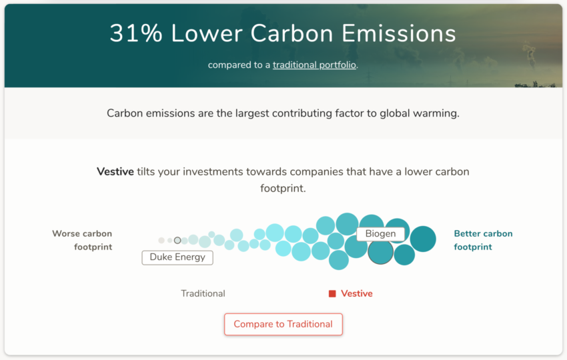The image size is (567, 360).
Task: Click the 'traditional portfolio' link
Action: (314, 65)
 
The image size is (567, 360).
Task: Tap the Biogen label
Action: (380, 234)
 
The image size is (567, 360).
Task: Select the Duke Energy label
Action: (177, 257)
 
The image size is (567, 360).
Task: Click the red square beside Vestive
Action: (332, 294)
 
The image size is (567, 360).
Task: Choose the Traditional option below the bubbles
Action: (203, 293)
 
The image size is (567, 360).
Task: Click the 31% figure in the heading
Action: (136, 33)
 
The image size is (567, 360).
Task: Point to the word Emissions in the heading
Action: (399, 33)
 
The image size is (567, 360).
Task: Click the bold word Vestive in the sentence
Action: (115, 171)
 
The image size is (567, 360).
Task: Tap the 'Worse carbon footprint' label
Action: (82, 241)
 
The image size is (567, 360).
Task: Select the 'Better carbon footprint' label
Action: (483, 241)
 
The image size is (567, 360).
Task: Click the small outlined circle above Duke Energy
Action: (177, 241)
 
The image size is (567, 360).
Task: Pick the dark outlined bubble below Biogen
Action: (380, 252)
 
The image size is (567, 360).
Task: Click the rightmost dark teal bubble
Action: (423, 239)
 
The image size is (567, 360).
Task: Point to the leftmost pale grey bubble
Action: (161, 241)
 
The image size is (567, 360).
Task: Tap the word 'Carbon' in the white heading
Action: (292, 33)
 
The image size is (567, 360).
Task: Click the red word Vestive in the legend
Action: (357, 293)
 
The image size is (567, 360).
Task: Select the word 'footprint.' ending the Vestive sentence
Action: (283, 188)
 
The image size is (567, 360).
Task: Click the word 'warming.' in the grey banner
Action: (436, 113)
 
